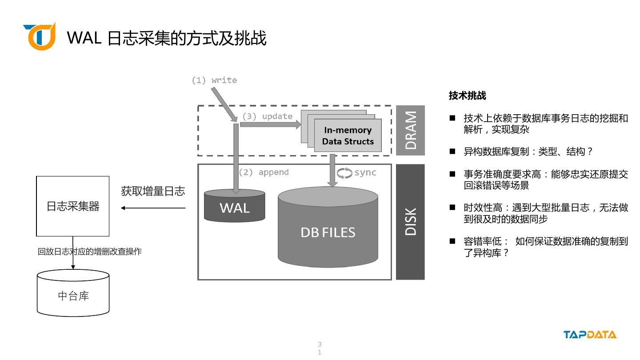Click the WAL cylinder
point(234,206)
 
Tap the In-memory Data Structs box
point(348,136)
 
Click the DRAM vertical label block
point(410,130)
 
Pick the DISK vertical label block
point(410,222)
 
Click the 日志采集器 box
point(73,206)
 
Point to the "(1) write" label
point(214,80)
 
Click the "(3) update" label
point(267,116)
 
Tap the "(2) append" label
point(264,172)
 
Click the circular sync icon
point(344,173)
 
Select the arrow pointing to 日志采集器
point(153,208)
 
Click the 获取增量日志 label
point(153,192)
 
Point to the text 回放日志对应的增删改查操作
point(89,252)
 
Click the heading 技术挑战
point(467,96)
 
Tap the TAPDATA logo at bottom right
point(590,335)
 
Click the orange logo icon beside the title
point(40,36)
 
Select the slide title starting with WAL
point(167,38)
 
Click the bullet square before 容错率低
point(452,241)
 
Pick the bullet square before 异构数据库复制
point(452,151)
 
